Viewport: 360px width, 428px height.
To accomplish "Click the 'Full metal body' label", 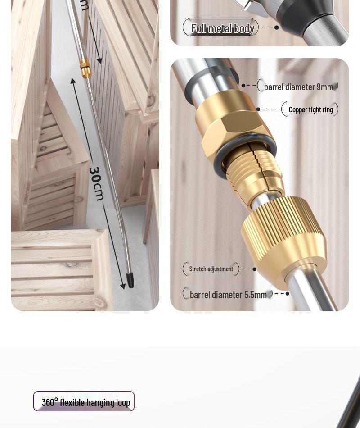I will coord(222,28).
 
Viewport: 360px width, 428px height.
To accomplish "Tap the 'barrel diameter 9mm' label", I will coord(298,87).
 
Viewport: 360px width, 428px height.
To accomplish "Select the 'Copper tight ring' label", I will coord(310,109).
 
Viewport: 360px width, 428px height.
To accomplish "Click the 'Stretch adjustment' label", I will coord(211,269).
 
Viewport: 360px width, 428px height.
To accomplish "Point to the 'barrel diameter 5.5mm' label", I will coord(228,295).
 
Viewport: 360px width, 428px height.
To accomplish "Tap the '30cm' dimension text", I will coord(97,183).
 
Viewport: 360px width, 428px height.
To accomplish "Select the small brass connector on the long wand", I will coord(85,68).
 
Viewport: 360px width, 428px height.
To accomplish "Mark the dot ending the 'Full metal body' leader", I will coord(276,27).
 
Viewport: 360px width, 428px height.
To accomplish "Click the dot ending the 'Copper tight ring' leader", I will coord(258,109).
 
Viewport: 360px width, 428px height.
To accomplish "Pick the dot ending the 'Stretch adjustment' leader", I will coord(254,269).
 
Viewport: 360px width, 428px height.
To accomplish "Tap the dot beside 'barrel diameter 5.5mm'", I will coord(288,294).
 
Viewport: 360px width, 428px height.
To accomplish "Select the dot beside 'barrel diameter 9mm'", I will coord(243,85).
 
